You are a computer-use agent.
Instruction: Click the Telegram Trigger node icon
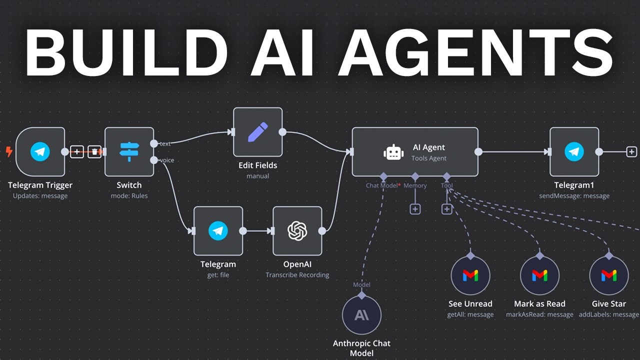pos(40,151)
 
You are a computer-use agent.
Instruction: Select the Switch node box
pos(129,151)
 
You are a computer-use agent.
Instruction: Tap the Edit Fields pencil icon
pos(257,132)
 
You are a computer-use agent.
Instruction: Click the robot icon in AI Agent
pos(393,152)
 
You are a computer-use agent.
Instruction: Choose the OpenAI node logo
pos(297,230)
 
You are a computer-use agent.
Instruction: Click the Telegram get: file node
pos(218,230)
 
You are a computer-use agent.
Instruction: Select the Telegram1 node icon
pos(574,151)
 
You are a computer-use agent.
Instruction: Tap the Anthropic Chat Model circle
pos(361,315)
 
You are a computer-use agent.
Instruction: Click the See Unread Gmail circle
pos(470,275)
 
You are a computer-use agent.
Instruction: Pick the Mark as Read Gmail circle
pos(539,275)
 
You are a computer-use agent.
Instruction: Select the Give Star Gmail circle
pos(608,275)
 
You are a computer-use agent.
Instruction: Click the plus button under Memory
pos(415,209)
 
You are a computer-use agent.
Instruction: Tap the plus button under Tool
pos(447,209)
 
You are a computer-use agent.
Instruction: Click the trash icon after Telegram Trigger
pos(94,151)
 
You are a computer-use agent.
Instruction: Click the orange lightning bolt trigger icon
pos(9,151)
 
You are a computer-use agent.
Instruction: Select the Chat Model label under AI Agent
pos(382,185)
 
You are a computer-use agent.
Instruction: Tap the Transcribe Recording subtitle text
pos(297,275)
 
